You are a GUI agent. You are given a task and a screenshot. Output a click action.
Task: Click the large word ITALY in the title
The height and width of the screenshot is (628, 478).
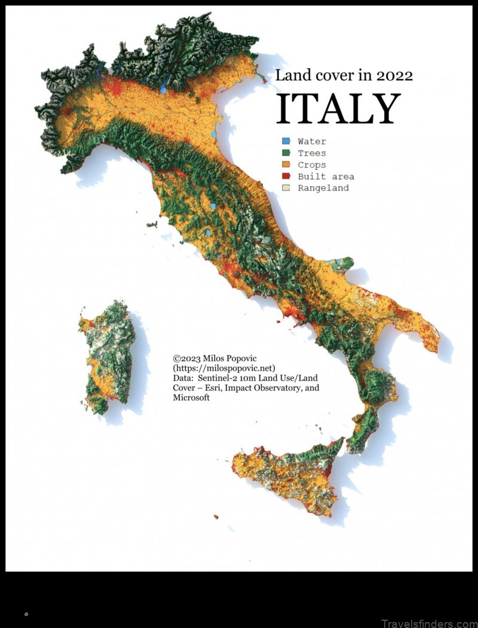tap(338, 109)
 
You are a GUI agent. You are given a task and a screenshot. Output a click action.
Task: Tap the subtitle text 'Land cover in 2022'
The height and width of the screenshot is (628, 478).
tap(344, 75)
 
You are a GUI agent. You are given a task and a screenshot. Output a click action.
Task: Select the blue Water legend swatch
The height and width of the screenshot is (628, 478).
tap(286, 142)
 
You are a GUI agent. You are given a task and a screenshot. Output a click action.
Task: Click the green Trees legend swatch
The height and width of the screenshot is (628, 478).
tap(286, 153)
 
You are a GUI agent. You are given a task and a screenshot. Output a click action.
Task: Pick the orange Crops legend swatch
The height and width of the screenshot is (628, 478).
tap(286, 164)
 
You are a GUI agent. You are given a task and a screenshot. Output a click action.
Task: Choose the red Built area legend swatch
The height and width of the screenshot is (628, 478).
tap(286, 176)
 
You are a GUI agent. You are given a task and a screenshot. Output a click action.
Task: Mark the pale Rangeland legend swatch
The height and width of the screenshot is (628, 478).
tap(286, 188)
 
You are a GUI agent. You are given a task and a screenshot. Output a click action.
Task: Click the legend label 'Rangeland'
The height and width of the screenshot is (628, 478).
tap(323, 188)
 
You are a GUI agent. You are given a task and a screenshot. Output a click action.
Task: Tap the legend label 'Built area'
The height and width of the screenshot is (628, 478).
tap(326, 176)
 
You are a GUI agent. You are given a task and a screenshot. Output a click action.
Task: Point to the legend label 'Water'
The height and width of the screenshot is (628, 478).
tap(312, 142)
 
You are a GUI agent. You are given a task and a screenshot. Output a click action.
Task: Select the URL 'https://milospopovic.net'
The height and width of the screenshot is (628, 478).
tap(223, 368)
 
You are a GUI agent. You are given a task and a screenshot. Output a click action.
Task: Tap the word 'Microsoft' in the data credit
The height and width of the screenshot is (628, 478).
tap(191, 398)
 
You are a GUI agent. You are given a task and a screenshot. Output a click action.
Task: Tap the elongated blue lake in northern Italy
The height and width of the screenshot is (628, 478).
tap(163, 88)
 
